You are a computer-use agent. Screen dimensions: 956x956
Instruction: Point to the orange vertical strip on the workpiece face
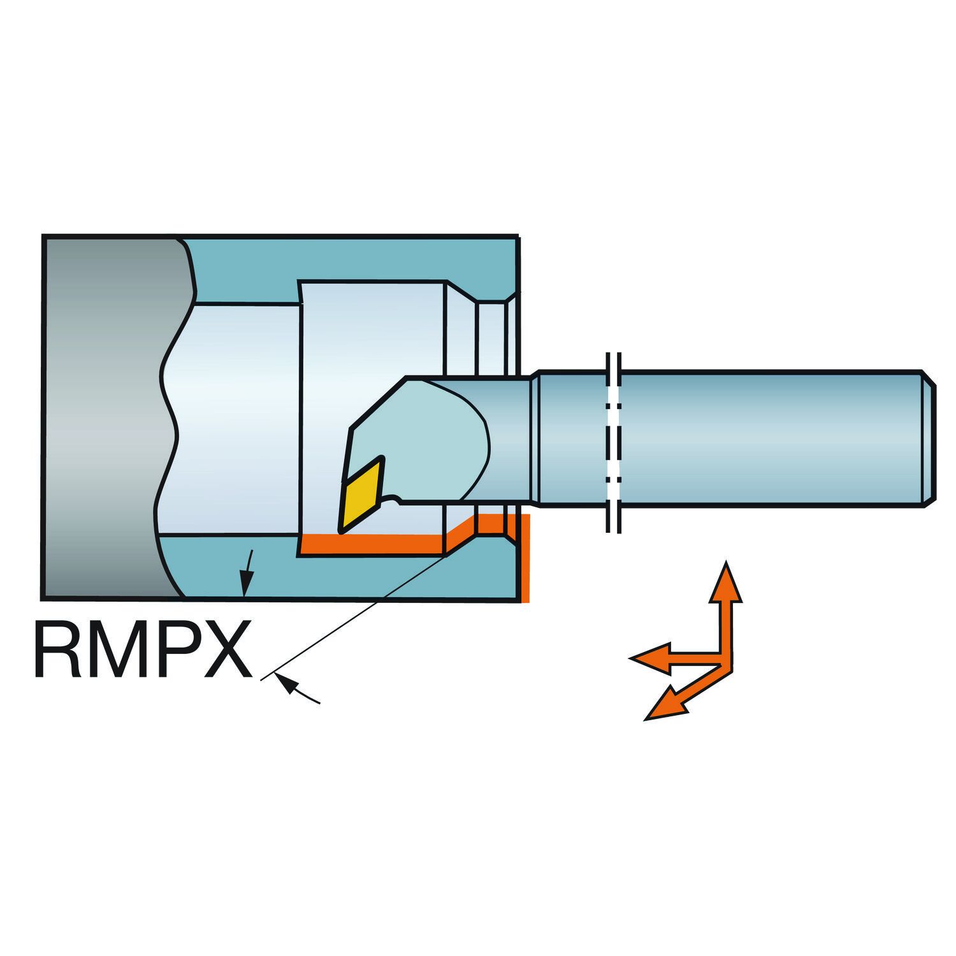pos(525,558)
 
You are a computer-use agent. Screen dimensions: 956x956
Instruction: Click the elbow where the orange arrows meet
pos(725,660)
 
